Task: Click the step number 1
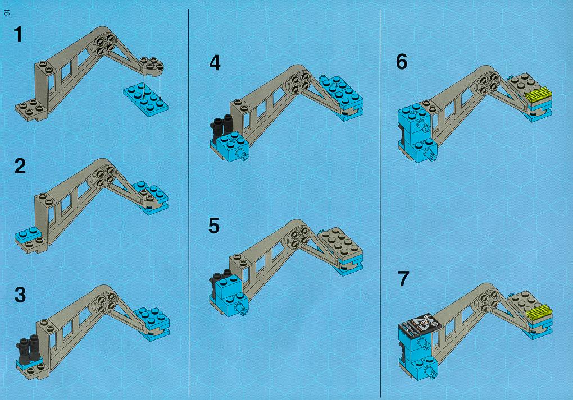pos(19,34)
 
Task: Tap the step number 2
pos(20,166)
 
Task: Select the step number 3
pos(20,295)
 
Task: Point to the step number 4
pos(215,63)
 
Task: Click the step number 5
pos(214,226)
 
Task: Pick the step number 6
pos(402,62)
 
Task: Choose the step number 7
pos(403,278)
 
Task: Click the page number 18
pos(6,12)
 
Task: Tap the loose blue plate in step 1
pos(146,99)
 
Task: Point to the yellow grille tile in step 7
pos(540,312)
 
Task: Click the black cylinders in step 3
pos(29,350)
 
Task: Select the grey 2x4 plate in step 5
pos(340,244)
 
